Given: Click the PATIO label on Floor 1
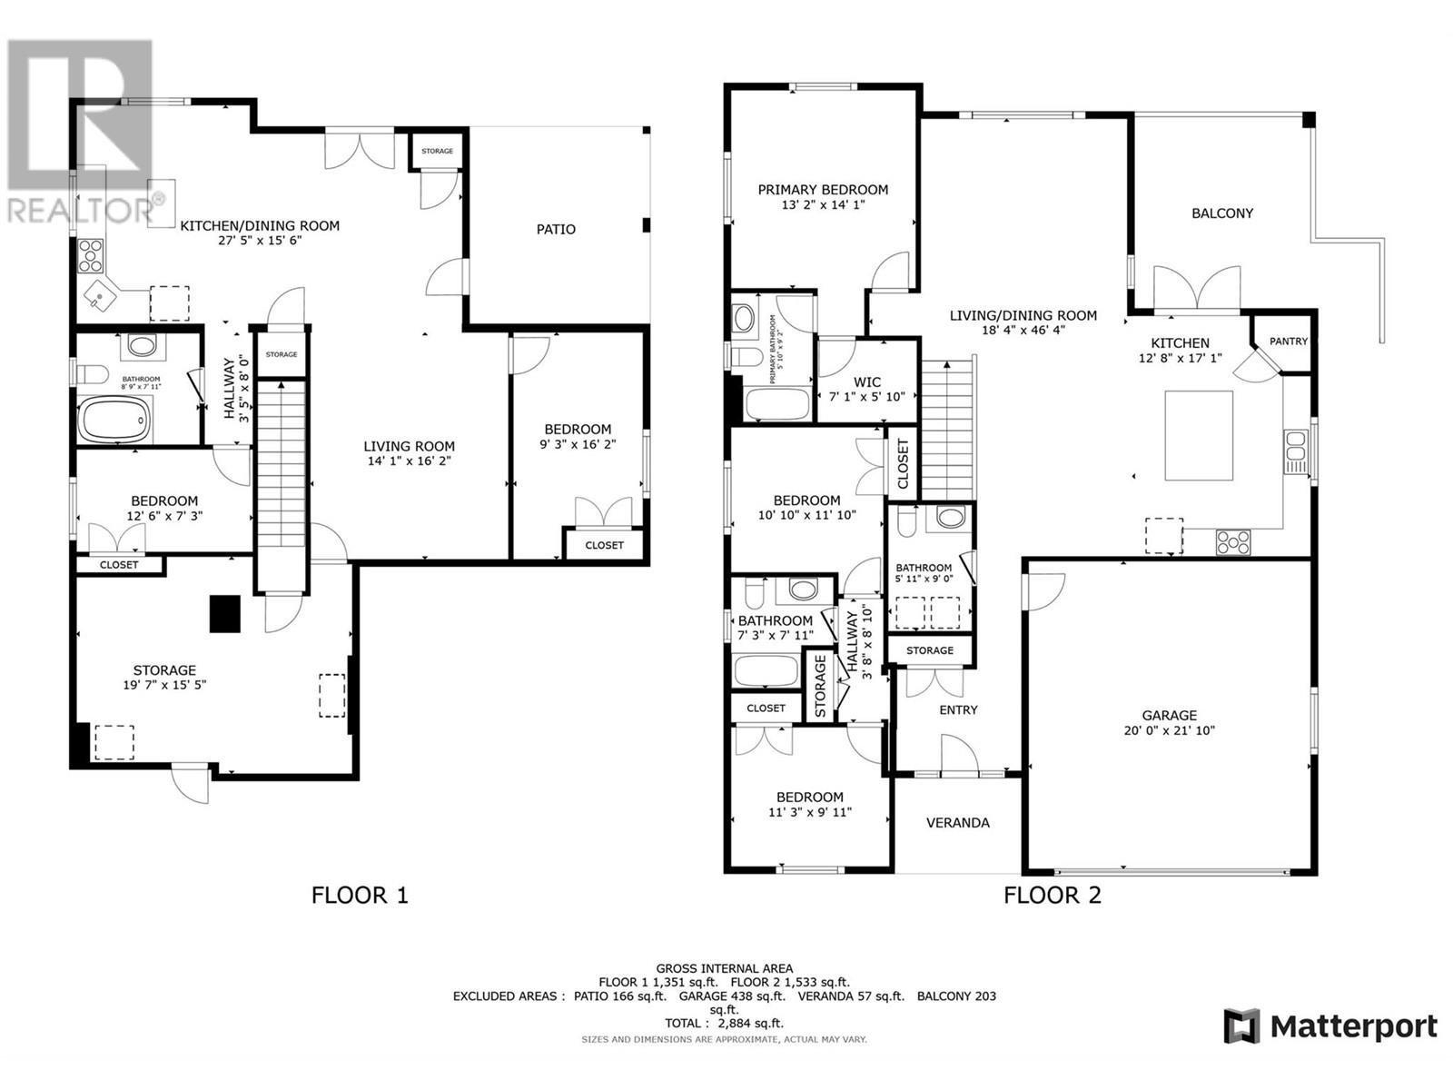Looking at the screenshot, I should point(555,230).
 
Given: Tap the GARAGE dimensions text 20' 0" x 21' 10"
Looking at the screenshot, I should point(1170,730).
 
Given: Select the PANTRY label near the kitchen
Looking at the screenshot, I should point(1288,342).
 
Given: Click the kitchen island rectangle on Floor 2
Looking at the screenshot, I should point(1199,435).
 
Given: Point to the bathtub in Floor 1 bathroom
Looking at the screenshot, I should point(114,421).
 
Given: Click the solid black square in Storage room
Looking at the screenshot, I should point(225,614).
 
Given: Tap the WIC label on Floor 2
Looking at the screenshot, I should point(866,382).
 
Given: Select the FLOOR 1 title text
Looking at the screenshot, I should point(360,896).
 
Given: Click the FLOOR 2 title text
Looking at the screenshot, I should point(1052,896).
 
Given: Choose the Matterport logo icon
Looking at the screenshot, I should point(1241,1026).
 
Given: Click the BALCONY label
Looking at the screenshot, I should point(1221,213).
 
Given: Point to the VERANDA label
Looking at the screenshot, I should point(957,823).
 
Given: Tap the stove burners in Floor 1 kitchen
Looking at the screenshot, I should point(92,256).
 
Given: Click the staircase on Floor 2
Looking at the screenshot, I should point(948,427).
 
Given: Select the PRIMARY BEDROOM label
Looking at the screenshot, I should point(823,190).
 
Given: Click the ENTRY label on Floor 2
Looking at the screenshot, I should point(958,709).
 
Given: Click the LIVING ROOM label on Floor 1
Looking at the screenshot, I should point(409,446).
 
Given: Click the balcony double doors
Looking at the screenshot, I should point(1197,291).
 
